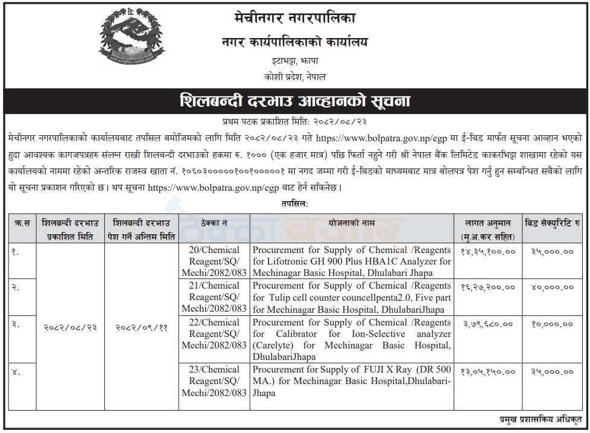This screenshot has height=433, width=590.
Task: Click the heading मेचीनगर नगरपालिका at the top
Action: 294,19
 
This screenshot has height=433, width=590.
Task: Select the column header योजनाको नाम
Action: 352,223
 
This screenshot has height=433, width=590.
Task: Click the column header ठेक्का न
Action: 214,223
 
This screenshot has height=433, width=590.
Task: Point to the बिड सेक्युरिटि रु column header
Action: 553,223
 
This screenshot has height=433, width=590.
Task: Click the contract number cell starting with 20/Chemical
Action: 214,261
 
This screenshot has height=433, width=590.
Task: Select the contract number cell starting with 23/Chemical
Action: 214,381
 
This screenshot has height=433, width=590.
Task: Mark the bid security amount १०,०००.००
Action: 553,324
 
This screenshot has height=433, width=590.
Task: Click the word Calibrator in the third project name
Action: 293,334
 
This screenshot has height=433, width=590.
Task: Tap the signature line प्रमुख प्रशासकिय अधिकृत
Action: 540,419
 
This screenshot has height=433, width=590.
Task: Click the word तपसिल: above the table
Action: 294,204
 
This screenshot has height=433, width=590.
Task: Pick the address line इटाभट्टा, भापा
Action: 294,61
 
